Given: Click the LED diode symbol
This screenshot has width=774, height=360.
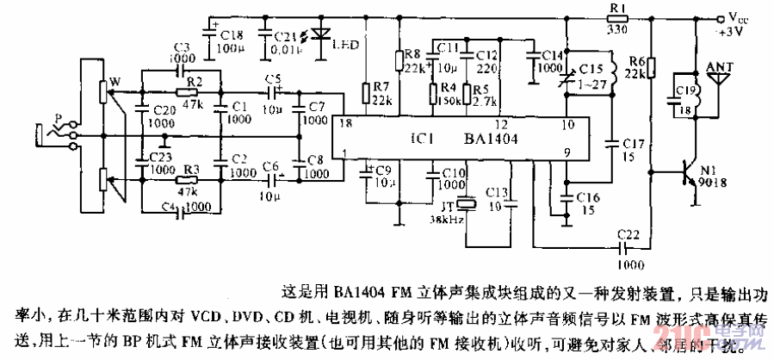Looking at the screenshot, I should [322, 35].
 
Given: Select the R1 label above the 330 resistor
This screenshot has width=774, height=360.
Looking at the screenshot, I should [616, 8].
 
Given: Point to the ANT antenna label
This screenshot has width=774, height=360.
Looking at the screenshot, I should [719, 65].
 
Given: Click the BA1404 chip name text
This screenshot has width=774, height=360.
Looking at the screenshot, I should [489, 138].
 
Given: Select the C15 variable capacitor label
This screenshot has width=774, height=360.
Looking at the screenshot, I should [590, 68].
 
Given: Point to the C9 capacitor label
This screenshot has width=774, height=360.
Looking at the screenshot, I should [384, 169].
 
